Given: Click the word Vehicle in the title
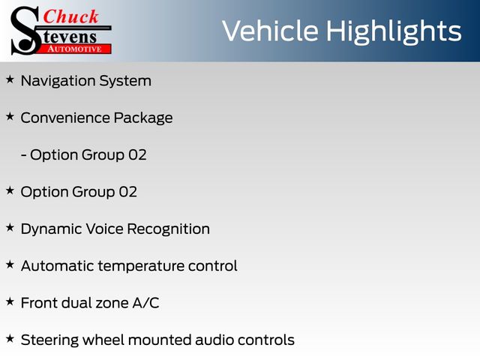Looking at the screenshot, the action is coord(270,31).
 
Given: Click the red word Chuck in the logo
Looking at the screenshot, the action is coord(70,16).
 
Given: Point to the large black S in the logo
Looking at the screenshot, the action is coord(25,31).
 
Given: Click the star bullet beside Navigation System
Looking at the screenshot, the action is coord(10,79).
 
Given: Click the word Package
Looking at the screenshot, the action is coord(143,118).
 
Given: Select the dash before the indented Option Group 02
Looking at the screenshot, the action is coord(23,155).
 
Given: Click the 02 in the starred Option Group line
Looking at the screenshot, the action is coord(128,192).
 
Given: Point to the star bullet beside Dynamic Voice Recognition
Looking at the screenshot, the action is coord(10,227).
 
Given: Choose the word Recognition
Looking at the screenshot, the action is coord(168,229).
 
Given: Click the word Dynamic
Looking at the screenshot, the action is coord(52,229).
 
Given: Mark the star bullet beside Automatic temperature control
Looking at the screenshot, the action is coord(10,265).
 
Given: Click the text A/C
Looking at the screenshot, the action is coord(146,303).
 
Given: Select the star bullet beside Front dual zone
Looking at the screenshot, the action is coord(10,301).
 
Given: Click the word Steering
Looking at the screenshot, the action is coord(49,340).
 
